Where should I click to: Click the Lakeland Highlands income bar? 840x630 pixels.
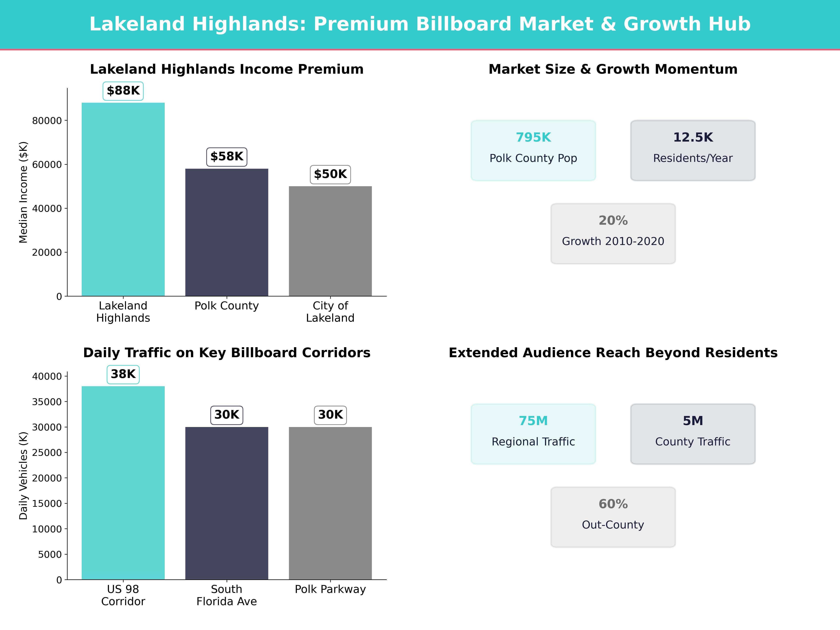[123, 199]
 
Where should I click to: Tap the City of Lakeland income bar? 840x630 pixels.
[330, 241]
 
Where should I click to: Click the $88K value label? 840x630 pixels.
[123, 91]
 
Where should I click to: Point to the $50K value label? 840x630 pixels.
[330, 174]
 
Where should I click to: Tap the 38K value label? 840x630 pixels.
[123, 374]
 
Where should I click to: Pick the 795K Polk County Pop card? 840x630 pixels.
[533, 150]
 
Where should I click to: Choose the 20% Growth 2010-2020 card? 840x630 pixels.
[613, 234]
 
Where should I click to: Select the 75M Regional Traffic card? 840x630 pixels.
[533, 434]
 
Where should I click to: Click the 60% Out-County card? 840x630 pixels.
[613, 517]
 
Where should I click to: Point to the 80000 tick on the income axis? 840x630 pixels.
[47, 121]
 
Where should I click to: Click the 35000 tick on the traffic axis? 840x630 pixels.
[47, 402]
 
